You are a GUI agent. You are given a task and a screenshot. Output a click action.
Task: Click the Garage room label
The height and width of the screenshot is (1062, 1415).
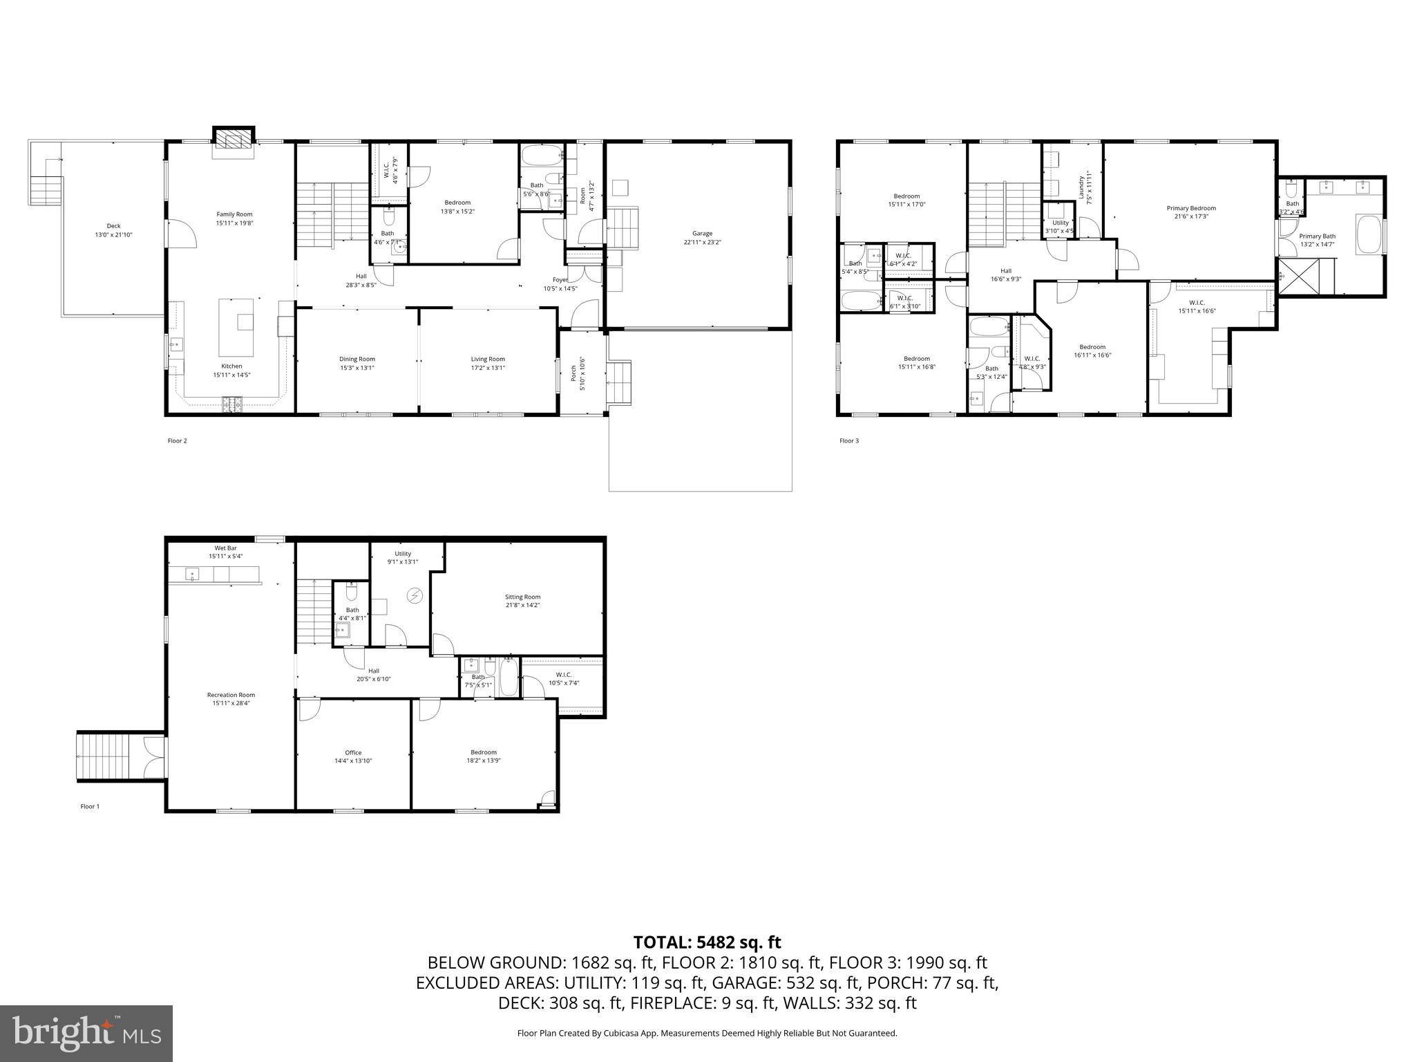coord(702,234)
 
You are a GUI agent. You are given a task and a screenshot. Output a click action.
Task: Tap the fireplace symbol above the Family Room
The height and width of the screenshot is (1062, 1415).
coord(234,140)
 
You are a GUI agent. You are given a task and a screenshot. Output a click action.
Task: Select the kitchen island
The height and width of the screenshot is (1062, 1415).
coord(236,326)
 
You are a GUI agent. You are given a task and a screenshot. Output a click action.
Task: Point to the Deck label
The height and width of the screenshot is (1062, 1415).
coord(113,226)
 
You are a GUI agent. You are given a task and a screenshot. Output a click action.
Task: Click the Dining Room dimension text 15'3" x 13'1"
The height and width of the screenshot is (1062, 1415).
coord(357,368)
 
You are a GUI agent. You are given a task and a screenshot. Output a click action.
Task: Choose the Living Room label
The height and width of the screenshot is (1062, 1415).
coord(488,359)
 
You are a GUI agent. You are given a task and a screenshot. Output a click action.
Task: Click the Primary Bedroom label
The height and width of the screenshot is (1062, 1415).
coord(1191,208)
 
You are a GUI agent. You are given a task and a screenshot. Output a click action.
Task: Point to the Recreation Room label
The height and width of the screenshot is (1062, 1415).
coord(231,695)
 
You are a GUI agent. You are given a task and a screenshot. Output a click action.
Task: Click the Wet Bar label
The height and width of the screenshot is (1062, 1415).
coord(225,548)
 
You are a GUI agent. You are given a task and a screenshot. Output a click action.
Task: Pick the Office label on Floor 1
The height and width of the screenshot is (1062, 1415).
coord(353,752)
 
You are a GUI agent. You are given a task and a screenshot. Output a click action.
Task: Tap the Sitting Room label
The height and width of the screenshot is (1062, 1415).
coord(522,597)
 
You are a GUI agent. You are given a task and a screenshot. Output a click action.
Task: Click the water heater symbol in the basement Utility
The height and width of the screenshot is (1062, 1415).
coord(415,595)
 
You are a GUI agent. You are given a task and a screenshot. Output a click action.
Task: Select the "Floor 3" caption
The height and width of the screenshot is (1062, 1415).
coord(849,440)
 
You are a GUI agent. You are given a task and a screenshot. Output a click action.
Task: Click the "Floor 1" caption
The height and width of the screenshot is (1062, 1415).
coord(90,806)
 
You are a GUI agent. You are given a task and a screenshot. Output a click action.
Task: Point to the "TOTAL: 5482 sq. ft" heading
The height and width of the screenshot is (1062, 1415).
coord(707,942)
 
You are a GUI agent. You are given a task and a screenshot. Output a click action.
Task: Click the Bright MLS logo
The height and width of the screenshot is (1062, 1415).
coord(86,1034)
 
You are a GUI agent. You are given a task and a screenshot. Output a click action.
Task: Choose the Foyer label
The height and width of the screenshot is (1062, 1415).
coord(560,280)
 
